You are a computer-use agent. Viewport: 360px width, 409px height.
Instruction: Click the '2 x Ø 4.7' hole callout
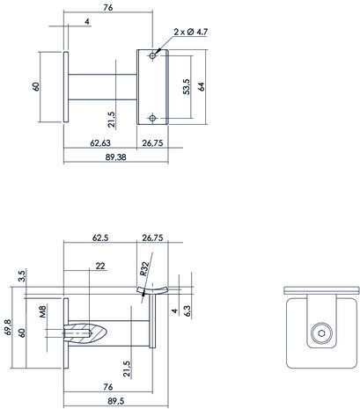(191, 32)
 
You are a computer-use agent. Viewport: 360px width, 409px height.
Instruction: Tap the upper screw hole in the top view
(152, 55)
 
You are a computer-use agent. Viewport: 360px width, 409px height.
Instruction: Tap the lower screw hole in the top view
(152, 118)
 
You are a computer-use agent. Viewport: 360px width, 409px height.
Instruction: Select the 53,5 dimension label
(187, 86)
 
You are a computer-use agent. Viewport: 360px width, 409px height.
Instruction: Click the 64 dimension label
(202, 87)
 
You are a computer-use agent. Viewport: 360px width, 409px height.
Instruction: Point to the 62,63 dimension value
(100, 142)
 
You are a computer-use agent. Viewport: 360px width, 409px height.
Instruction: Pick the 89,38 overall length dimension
(115, 157)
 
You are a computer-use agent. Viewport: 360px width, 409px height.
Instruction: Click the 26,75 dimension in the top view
(152, 142)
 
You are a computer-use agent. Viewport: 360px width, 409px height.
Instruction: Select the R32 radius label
(144, 268)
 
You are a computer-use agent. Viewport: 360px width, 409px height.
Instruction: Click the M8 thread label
(43, 311)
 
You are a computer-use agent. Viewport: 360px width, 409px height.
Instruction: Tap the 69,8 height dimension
(8, 327)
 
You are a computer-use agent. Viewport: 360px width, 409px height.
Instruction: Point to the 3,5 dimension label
(22, 276)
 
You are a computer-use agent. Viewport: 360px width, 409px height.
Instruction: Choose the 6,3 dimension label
(187, 311)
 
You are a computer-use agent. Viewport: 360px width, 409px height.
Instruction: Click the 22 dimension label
(100, 266)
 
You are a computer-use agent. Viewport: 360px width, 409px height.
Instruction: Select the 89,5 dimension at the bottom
(115, 401)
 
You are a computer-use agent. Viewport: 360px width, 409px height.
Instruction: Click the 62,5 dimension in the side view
(100, 237)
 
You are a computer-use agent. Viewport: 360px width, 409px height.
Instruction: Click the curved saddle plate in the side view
(152, 290)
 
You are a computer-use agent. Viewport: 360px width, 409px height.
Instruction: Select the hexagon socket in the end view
(321, 333)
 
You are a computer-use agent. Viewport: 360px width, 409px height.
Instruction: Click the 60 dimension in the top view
(36, 87)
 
